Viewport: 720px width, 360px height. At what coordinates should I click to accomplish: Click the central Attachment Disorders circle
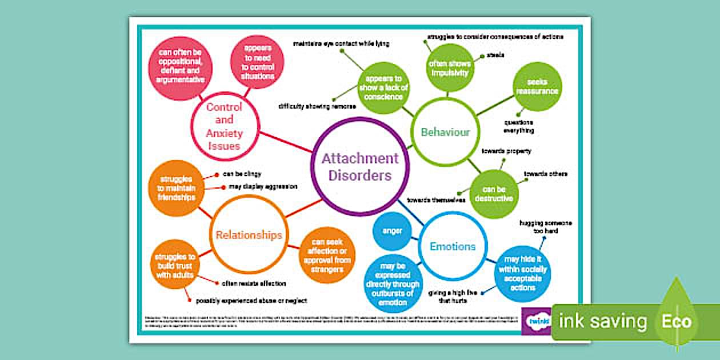359,166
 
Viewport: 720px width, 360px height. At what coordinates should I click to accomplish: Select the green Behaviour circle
445,133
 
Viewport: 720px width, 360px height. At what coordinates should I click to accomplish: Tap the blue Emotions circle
453,247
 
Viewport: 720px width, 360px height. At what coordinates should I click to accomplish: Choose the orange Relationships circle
248,235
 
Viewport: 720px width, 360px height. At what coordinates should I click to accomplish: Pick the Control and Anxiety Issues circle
225,126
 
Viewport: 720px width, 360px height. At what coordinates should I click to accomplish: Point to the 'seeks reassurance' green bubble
537,87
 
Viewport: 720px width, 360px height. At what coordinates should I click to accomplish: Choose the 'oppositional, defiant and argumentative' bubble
180,68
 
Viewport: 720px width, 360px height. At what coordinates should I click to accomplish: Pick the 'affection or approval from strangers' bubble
328,256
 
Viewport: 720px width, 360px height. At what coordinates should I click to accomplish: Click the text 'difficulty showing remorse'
317,106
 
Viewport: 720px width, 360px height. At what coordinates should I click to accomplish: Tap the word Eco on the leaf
677,321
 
